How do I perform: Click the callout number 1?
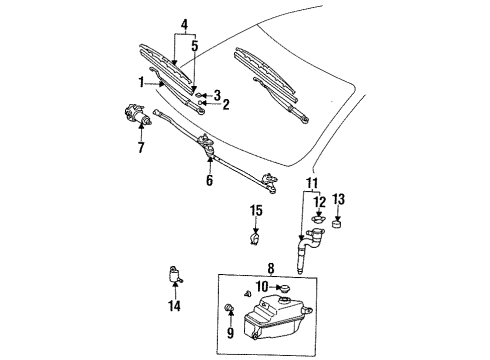pyautogui.click(x=143, y=82)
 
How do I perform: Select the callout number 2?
pyautogui.click(x=226, y=104)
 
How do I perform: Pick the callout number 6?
pyautogui.click(x=209, y=181)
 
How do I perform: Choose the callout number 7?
pyautogui.click(x=139, y=149)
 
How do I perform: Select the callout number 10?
pyautogui.click(x=261, y=287)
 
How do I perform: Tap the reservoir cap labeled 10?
pyautogui.click(x=285, y=289)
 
